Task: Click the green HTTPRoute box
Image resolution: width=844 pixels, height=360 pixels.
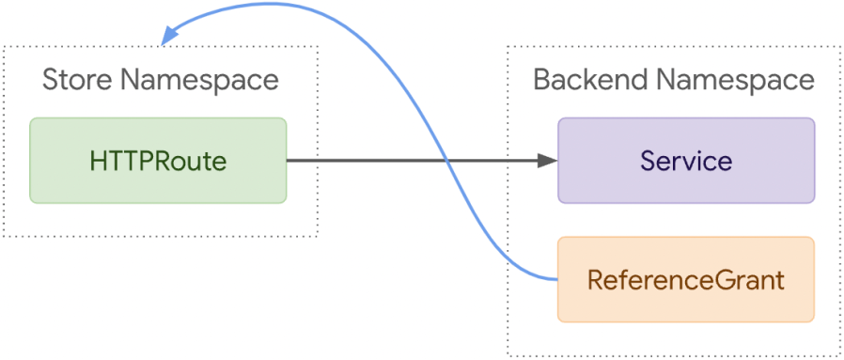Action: point(158,160)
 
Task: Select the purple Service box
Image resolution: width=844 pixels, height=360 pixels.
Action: point(686,160)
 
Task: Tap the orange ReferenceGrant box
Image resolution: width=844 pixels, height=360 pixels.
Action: point(686,279)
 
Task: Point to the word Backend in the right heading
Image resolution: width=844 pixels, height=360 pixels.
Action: point(590,80)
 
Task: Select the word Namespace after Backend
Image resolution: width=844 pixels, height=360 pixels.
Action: point(735,80)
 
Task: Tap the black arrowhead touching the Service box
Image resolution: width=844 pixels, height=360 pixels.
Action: point(549,160)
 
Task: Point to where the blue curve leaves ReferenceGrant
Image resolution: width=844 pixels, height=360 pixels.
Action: point(557,279)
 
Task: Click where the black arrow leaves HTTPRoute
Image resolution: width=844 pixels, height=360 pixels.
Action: point(288,160)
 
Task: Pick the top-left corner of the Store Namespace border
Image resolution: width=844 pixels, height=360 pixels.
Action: point(3,46)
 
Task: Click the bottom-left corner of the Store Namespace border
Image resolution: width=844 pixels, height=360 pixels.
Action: point(3,236)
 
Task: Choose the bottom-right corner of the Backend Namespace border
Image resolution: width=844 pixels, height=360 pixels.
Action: point(839,356)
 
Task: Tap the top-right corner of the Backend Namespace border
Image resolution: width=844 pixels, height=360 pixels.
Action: point(839,46)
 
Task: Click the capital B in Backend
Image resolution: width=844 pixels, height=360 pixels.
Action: point(542,80)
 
